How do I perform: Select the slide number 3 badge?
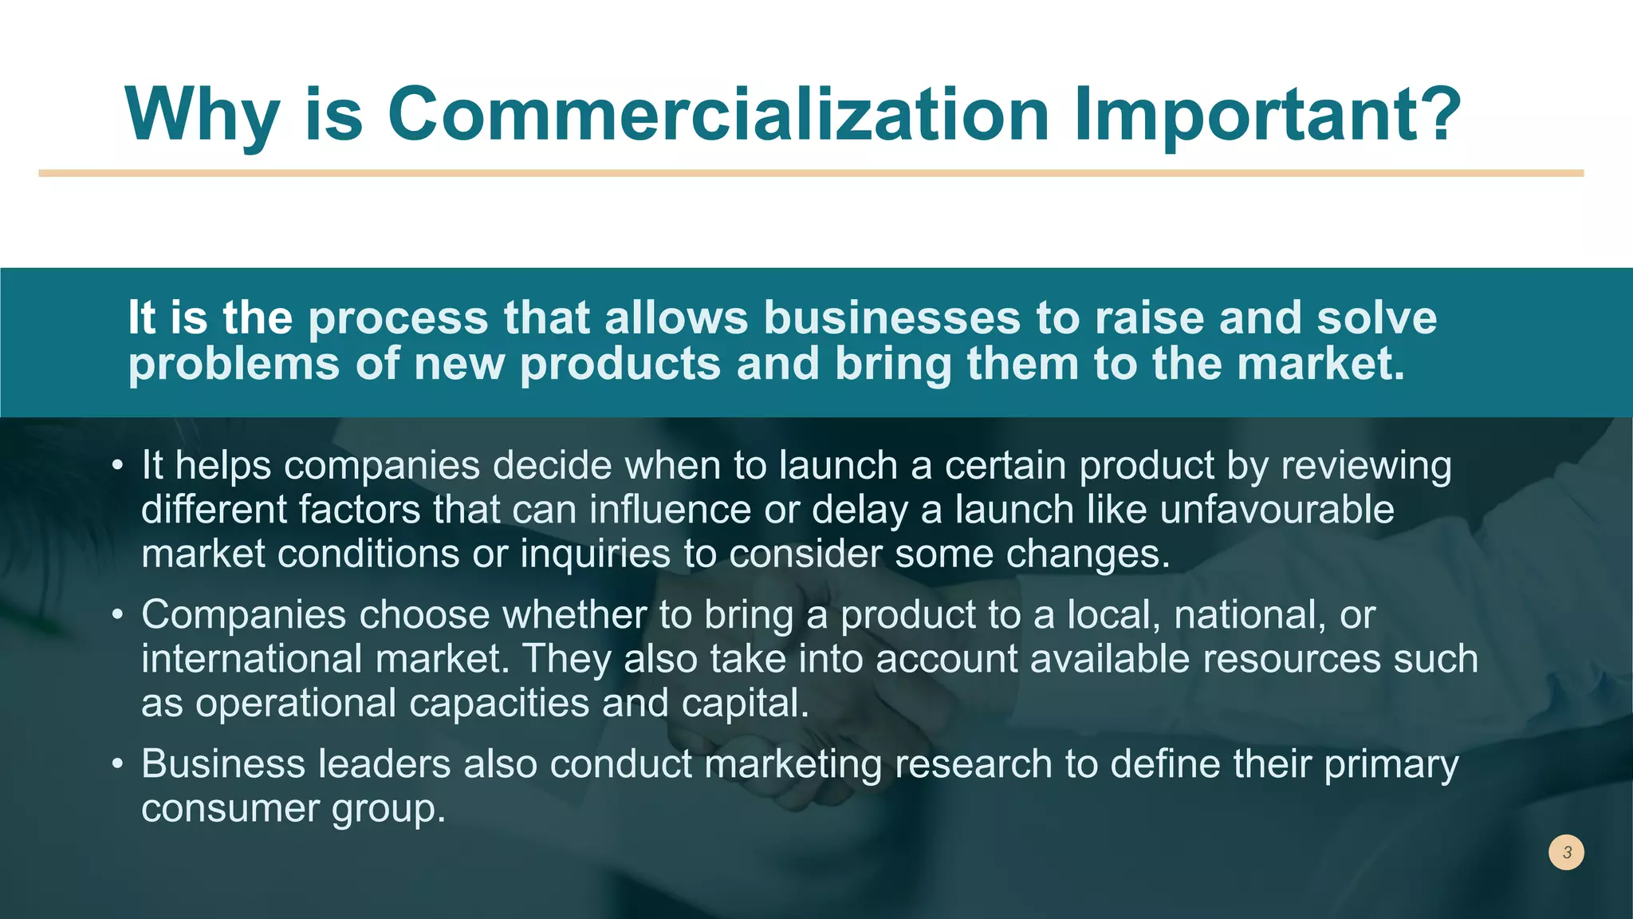(1566, 852)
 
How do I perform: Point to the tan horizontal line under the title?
(811, 173)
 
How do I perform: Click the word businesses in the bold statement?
(891, 318)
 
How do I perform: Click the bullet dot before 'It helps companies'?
(118, 465)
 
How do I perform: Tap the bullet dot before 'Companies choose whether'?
(118, 615)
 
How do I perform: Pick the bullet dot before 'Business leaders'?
(118, 764)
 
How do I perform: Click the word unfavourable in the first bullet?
(1277, 510)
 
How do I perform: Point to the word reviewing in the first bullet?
(1366, 466)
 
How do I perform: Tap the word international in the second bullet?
(252, 660)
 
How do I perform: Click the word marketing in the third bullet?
(793, 764)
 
